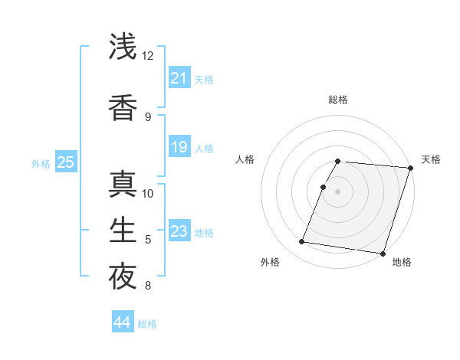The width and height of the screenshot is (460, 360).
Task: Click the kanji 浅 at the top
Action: click(123, 47)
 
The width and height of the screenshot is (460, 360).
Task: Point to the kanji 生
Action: click(123, 231)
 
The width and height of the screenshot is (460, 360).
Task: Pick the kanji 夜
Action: click(123, 277)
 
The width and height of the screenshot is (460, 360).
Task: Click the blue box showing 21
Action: click(179, 78)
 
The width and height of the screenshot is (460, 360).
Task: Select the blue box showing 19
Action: click(179, 147)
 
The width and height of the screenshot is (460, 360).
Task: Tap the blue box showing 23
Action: click(179, 231)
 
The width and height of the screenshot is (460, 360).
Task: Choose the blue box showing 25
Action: click(65, 162)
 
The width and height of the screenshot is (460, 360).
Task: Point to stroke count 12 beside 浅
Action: click(148, 56)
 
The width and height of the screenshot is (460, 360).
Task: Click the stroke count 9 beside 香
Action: click(148, 117)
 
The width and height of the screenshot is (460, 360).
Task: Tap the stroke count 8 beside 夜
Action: click(148, 286)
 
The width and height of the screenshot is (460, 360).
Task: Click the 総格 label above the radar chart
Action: click(338, 100)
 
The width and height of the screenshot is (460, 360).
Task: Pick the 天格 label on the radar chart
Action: click(432, 159)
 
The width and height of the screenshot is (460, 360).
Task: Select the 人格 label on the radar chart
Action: click(245, 159)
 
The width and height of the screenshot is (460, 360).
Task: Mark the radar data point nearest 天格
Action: click(410, 168)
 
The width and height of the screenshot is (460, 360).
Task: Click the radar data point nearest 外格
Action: click(301, 242)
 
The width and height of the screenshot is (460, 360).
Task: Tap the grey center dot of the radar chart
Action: click(338, 191)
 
